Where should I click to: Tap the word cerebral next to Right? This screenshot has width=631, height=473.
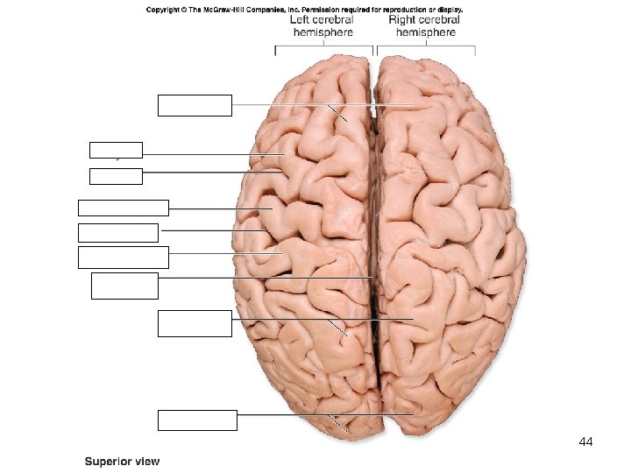coord(441,19)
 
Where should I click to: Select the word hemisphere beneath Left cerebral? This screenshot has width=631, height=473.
coord(323,32)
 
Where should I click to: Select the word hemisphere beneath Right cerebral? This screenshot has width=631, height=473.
coord(426,32)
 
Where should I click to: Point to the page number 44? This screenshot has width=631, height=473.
coord(586,443)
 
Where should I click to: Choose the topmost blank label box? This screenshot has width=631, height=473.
coord(195,105)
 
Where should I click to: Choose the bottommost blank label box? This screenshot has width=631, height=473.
coord(197,420)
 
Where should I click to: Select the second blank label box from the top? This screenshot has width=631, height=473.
coord(116,151)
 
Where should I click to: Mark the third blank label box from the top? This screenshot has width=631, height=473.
coord(116,175)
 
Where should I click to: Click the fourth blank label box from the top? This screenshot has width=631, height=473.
coord(123,208)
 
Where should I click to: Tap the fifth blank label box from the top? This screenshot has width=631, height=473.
coord(118,232)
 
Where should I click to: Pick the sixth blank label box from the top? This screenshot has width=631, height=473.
coord(123,257)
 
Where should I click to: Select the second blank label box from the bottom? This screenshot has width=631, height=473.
coord(195,323)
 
